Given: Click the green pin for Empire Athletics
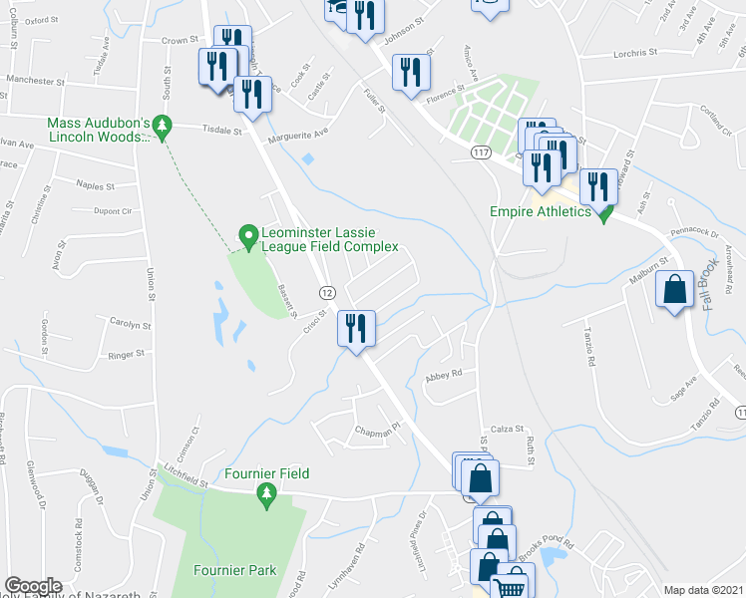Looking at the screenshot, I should [603, 213].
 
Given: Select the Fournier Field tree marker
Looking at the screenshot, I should [266, 494].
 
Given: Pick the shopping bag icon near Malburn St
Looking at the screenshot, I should [675, 291].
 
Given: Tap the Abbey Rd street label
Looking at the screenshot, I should [445, 375].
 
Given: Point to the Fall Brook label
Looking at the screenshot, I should [710, 284].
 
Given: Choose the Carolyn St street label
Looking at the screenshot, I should [130, 325].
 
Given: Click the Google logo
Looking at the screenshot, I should [33, 586].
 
